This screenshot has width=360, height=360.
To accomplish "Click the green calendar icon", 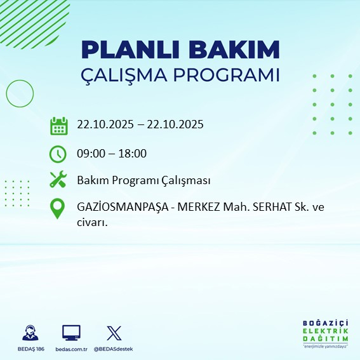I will click(x=58, y=125).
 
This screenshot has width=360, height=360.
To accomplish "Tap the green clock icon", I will click(x=58, y=153).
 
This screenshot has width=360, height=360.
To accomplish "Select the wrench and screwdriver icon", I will click(x=58, y=180).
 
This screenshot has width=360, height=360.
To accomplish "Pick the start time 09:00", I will click(x=91, y=153).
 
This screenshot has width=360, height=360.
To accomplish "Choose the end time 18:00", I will click(x=133, y=153).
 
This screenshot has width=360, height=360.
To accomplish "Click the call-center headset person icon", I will click(x=29, y=333).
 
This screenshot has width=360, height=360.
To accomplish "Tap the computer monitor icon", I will click(x=71, y=333).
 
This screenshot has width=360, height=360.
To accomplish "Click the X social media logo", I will click(x=114, y=333).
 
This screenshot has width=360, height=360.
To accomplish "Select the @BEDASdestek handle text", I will click(x=114, y=349).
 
